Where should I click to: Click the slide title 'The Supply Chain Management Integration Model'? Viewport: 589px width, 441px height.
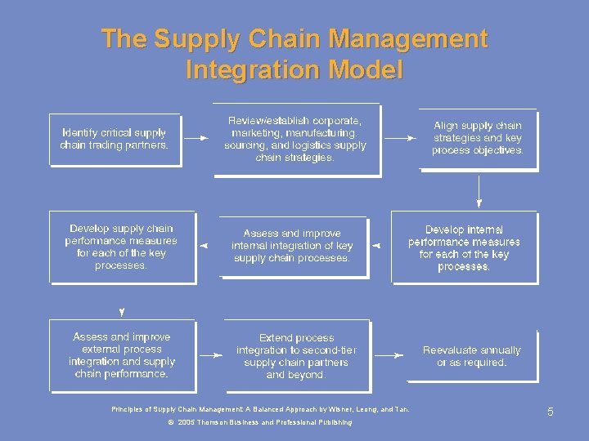point(294,54)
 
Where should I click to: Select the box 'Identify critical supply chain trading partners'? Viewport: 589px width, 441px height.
point(115,139)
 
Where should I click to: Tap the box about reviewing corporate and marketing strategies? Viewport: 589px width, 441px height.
point(296,139)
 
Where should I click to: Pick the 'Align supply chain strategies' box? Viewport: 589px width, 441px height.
point(478,138)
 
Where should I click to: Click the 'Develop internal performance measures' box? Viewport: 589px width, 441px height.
point(464,247)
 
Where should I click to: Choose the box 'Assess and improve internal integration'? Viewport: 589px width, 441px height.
point(292,246)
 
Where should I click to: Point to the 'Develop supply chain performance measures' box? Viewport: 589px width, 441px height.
point(122,247)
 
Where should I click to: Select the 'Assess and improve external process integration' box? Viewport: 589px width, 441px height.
point(122,355)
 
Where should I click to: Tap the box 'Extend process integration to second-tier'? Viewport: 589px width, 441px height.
point(296,356)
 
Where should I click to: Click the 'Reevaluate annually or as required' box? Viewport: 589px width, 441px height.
point(471,356)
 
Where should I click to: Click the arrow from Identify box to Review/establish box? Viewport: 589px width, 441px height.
point(196,139)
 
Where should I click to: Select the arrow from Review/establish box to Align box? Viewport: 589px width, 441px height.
point(400,139)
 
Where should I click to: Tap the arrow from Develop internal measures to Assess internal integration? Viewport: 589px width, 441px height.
point(377,245)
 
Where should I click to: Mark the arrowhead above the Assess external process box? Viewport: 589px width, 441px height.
point(122,312)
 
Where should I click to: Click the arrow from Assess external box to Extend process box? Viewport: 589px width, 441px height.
point(211,355)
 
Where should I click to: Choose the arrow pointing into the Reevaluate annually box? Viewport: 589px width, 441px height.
point(394,355)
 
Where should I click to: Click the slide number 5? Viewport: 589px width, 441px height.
point(551,412)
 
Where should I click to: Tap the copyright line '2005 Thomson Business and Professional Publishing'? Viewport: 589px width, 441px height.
point(260,422)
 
